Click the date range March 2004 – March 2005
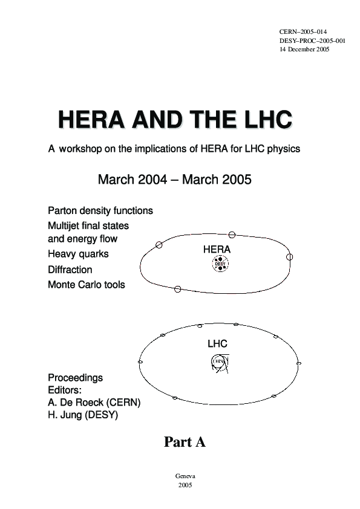click(x=174, y=180)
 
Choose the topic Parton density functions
click(x=100, y=211)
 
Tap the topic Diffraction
click(x=70, y=270)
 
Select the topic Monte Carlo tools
click(x=87, y=284)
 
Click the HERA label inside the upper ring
click(x=217, y=249)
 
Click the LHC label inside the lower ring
click(x=217, y=344)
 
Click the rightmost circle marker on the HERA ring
click(x=289, y=257)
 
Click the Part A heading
click(x=185, y=443)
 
